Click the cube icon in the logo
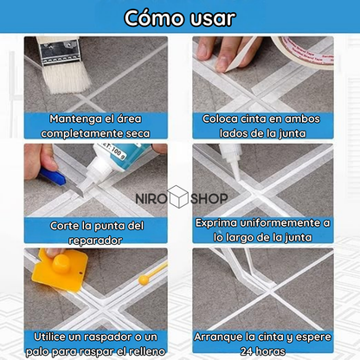178,196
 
